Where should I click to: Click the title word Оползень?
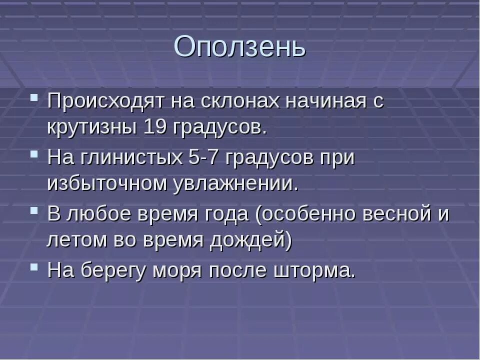pyautogui.click(x=239, y=47)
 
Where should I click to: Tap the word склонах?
pyautogui.click(x=232, y=101)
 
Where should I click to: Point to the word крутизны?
pyautogui.click(x=90, y=127)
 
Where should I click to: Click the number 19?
pyautogui.click(x=155, y=127)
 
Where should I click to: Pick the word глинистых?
pyautogui.click(x=130, y=157)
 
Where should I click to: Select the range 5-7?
pyautogui.click(x=203, y=157)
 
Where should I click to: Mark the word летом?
pyautogui.click(x=75, y=240)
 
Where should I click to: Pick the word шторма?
pyautogui.click(x=315, y=271)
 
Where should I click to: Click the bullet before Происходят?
pyautogui.click(x=34, y=96)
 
